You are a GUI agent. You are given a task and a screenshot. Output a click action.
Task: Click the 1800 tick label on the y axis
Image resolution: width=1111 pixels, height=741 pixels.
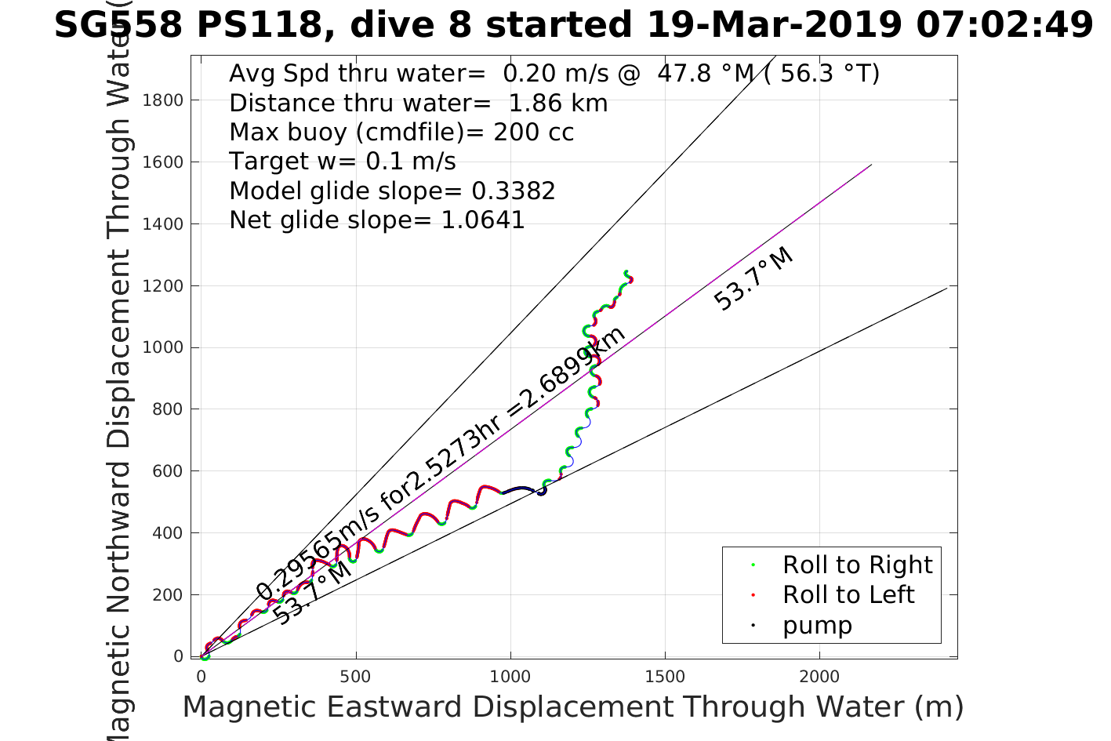coord(162,100)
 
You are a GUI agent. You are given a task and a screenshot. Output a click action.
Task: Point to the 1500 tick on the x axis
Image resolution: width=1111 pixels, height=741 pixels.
coord(665,677)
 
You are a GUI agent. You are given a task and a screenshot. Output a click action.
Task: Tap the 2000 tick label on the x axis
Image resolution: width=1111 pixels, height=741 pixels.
coord(819,677)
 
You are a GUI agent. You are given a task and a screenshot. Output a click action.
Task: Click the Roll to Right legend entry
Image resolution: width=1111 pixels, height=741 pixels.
coord(857,565)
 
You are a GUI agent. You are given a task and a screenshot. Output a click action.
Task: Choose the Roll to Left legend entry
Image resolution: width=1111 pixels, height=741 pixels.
coord(848,594)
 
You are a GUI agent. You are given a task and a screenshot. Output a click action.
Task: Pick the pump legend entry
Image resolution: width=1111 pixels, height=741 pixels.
coord(817,625)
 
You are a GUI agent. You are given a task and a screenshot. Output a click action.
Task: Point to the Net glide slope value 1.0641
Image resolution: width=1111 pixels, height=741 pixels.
coord(482,220)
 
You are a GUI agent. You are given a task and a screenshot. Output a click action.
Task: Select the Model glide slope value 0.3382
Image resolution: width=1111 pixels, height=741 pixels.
coord(513,191)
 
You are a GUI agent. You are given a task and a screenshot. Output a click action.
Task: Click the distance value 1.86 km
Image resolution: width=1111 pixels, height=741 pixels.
coord(557,103)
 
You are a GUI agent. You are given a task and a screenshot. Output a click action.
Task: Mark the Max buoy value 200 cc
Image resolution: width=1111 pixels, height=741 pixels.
coord(533,132)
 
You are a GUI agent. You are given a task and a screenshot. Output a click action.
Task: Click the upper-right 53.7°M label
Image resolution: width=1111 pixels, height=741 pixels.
coord(754,279)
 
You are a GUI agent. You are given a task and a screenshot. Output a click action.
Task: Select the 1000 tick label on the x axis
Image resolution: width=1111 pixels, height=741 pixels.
coord(510,677)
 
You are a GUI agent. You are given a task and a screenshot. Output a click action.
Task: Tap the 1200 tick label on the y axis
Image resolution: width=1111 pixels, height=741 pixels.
coord(162,285)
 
